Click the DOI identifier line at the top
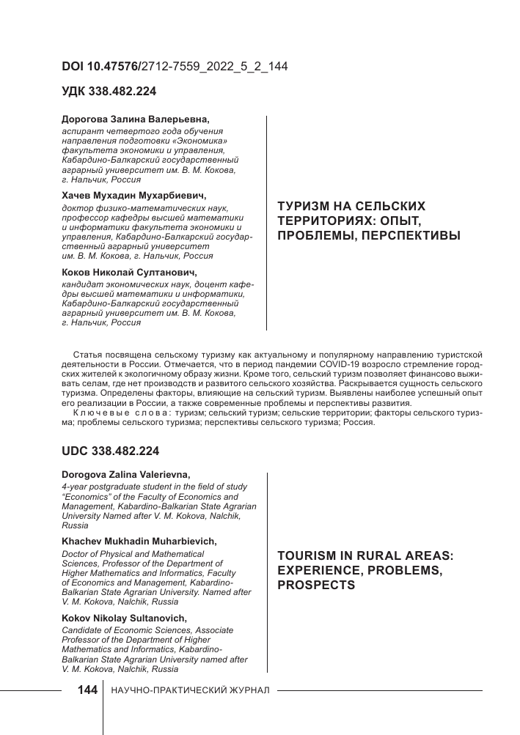click(175, 66)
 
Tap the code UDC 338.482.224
click(110, 451)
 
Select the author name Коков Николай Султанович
click(125, 273)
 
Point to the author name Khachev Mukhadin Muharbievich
click(139, 542)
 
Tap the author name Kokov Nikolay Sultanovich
click(125, 618)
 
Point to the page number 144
click(87, 690)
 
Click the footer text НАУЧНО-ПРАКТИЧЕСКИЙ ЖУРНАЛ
click(190, 691)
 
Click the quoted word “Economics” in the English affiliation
click(89, 496)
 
